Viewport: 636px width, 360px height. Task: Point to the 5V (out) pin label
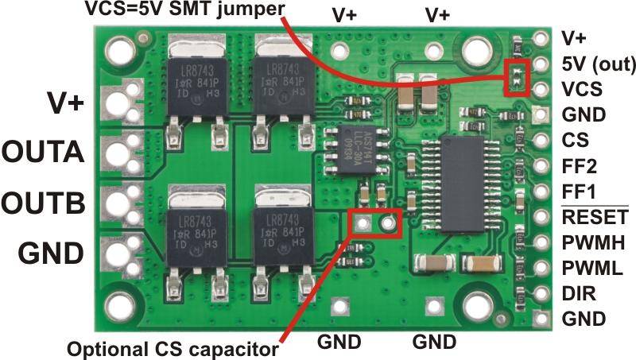[591, 63]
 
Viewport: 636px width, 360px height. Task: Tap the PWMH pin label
[588, 242]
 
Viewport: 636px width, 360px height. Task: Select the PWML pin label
[587, 268]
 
